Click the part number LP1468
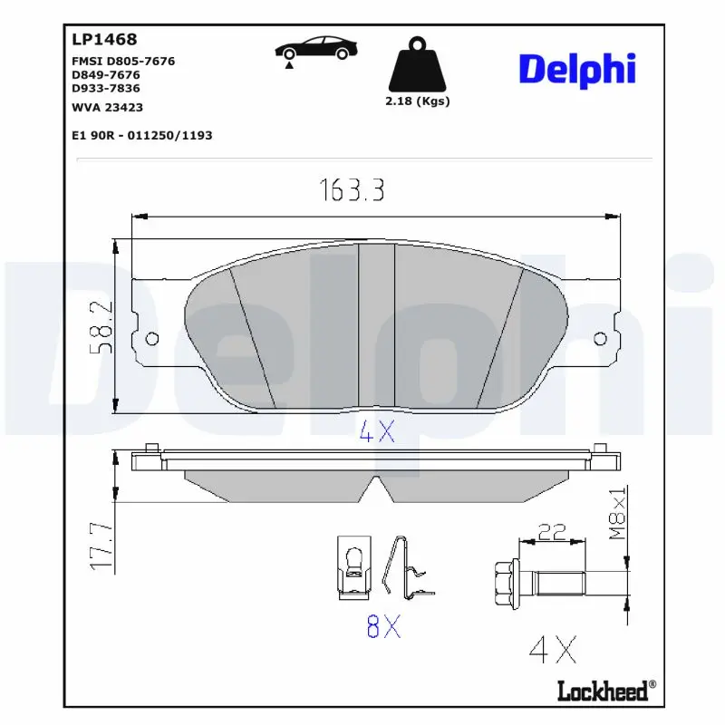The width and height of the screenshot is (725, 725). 104,39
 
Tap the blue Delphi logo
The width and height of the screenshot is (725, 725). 577,70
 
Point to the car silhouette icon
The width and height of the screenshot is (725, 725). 315,49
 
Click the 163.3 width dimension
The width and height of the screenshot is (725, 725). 352,190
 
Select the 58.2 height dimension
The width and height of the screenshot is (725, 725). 101,327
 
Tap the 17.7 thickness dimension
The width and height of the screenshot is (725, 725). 101,546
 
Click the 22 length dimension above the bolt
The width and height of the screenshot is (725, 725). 552,532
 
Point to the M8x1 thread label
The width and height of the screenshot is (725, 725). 617,512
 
